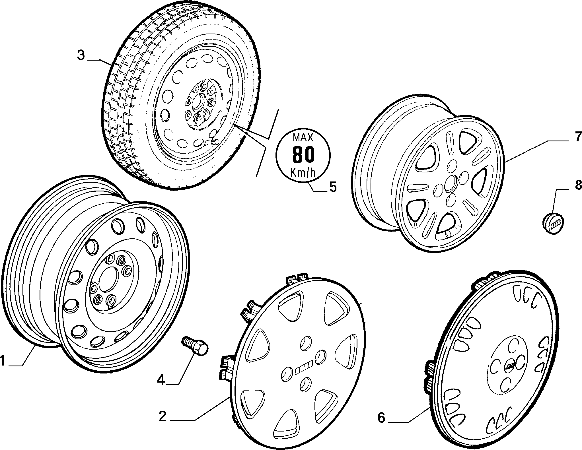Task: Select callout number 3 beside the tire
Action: click(81, 55)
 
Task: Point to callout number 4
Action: click(161, 380)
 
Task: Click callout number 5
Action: click(333, 187)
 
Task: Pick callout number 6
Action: click(382, 418)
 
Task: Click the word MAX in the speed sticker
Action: click(303, 138)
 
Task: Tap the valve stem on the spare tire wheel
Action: click(212, 141)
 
